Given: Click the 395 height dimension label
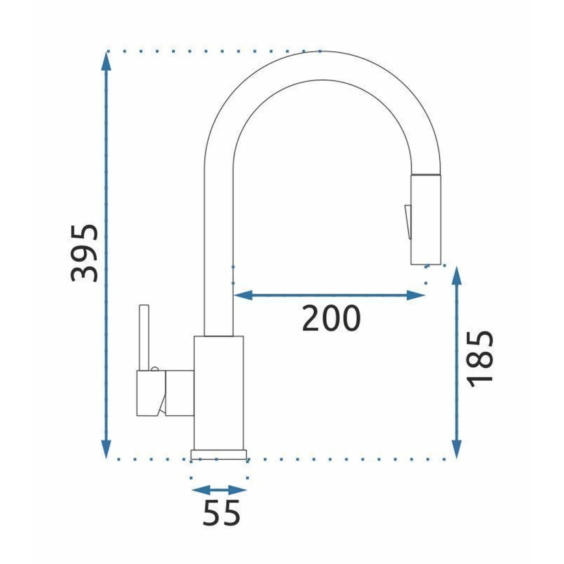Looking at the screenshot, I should point(85,253).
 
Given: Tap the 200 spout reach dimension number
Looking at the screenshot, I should point(331,318).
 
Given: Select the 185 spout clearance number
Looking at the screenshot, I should point(481,357).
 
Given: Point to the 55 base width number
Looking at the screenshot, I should point(222,513).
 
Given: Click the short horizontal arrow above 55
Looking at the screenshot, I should point(219,491).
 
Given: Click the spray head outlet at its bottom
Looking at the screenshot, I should point(426,262).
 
